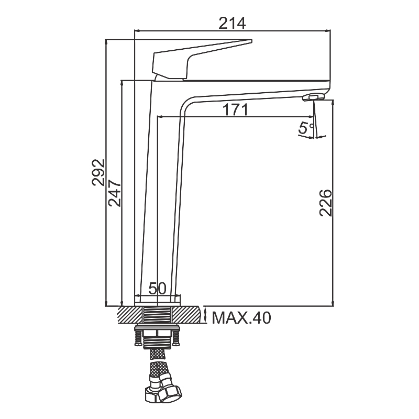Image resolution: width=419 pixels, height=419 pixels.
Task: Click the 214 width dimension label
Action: (232, 23)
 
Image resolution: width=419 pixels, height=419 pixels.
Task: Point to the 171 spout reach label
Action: (235, 109)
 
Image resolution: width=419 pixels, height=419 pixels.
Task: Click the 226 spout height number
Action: (325, 203)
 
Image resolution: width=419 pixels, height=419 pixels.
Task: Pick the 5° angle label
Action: (306, 128)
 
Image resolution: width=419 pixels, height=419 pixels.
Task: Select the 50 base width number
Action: (158, 288)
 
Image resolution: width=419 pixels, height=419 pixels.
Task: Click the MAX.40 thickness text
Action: (241, 318)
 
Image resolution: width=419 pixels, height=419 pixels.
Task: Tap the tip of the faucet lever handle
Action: (251, 41)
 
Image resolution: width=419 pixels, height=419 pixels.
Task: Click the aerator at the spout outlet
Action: (313, 97)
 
